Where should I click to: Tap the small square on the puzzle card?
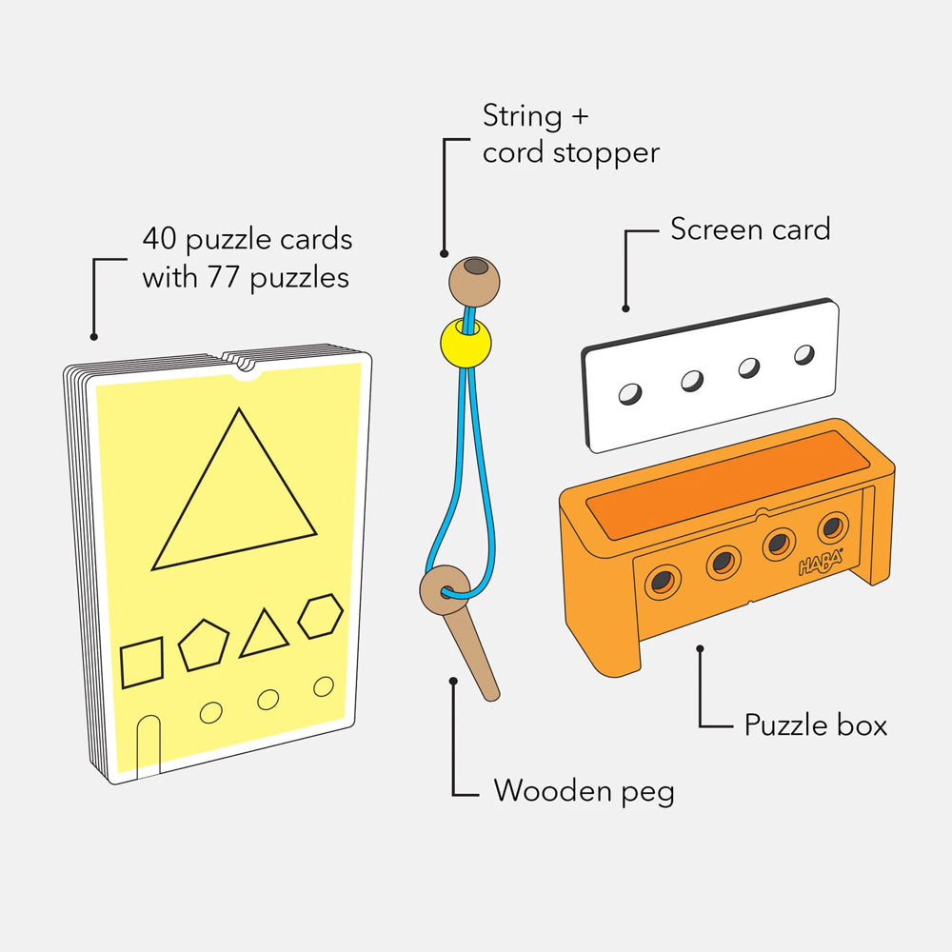pyautogui.click(x=142, y=663)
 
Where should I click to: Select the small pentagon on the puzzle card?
pyautogui.click(x=204, y=645)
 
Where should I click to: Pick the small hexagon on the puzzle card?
pyautogui.click(x=321, y=616)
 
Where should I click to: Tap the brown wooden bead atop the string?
pyautogui.click(x=474, y=282)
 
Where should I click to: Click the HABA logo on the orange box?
pyautogui.click(x=821, y=563)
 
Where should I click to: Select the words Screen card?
pyautogui.click(x=750, y=229)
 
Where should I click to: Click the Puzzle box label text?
pyautogui.click(x=816, y=724)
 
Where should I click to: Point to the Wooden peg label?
pyautogui.click(x=584, y=791)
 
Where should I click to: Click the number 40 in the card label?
pyautogui.click(x=160, y=239)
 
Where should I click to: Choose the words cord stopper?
pyautogui.click(x=570, y=153)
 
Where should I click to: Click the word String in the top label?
pyautogui.click(x=522, y=116)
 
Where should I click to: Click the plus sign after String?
pyautogui.click(x=579, y=116)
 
